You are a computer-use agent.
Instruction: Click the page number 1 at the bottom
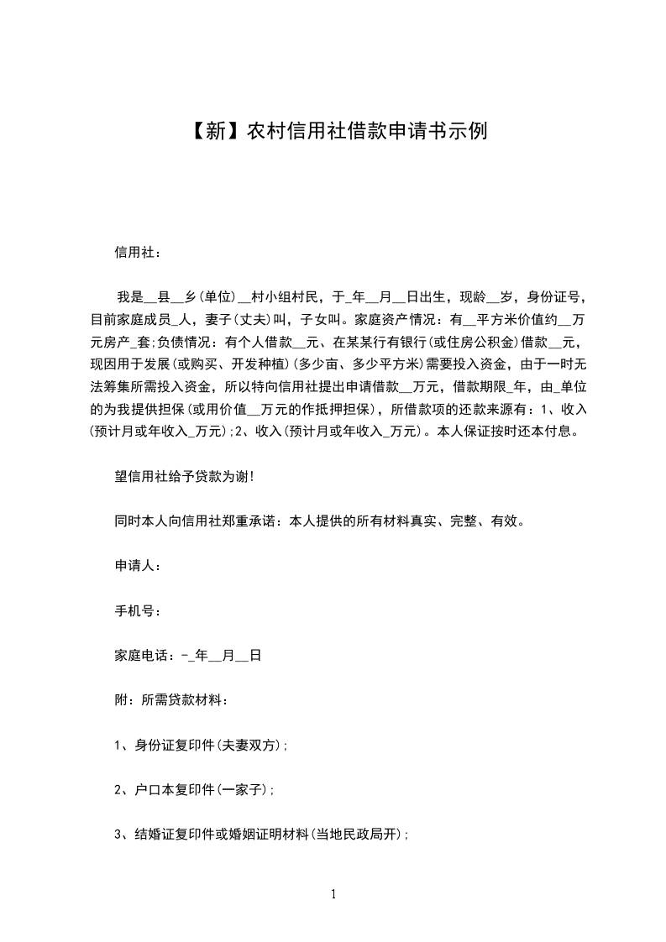click(x=333, y=894)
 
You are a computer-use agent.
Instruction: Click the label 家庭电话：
click(x=147, y=656)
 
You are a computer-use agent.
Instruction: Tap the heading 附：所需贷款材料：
click(x=171, y=700)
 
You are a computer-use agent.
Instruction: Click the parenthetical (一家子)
click(x=244, y=790)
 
